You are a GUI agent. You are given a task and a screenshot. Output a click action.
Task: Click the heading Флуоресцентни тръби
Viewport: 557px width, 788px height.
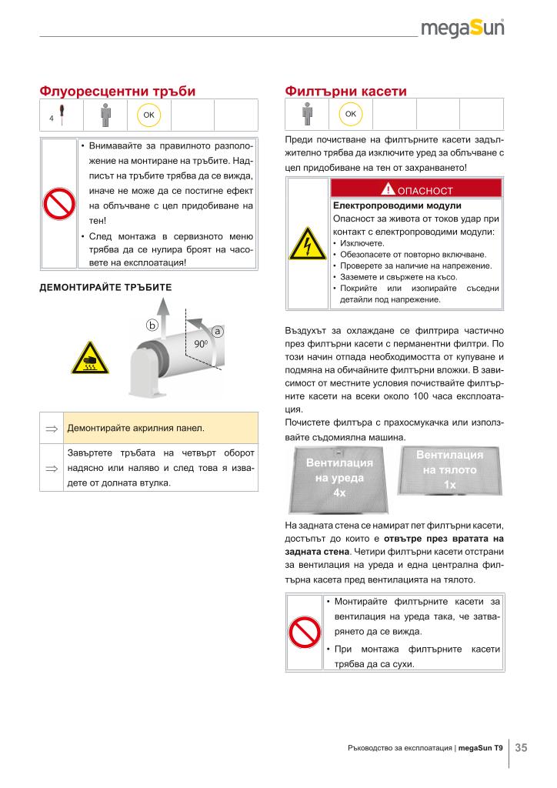pyautogui.click(x=118, y=91)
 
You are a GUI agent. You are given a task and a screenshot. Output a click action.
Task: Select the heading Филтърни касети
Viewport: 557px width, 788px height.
pyautogui.click(x=345, y=91)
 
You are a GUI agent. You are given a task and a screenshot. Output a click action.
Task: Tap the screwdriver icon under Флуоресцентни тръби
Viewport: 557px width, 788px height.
pyautogui.click(x=60, y=115)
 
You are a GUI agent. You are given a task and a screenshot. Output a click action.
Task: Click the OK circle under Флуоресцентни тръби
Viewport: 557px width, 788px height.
pyautogui.click(x=148, y=115)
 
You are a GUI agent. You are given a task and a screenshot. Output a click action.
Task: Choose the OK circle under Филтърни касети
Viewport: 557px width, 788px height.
pyautogui.click(x=350, y=114)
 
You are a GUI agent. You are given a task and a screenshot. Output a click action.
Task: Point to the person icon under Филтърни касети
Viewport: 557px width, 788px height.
pyautogui.click(x=307, y=114)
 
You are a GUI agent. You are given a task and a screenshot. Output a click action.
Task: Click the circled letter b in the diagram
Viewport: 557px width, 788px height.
pyautogui.click(x=152, y=326)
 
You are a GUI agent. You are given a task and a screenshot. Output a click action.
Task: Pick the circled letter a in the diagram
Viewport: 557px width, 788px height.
pyautogui.click(x=218, y=330)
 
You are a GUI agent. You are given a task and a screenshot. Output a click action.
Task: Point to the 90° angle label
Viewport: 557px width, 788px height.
pyautogui.click(x=202, y=343)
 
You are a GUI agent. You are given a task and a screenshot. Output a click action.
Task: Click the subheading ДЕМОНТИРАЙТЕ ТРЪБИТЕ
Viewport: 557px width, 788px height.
pyautogui.click(x=105, y=287)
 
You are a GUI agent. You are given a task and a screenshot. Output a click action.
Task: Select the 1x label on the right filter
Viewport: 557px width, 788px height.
pyautogui.click(x=450, y=485)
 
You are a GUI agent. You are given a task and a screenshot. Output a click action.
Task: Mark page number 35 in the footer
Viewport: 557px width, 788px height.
pyautogui.click(x=521, y=748)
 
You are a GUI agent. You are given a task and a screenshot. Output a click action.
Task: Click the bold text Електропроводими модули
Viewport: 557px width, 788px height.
pyautogui.click(x=396, y=205)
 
